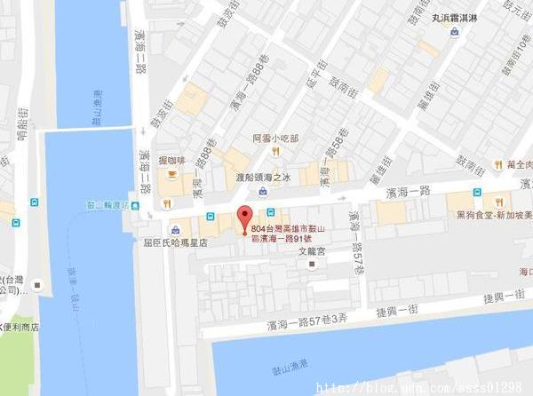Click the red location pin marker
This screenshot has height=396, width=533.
[x=244, y=217]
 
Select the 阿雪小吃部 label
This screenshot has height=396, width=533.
[x=274, y=139]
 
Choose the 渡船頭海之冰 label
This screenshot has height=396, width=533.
[x=264, y=178]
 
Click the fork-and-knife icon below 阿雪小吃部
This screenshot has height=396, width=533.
[x=276, y=152]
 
